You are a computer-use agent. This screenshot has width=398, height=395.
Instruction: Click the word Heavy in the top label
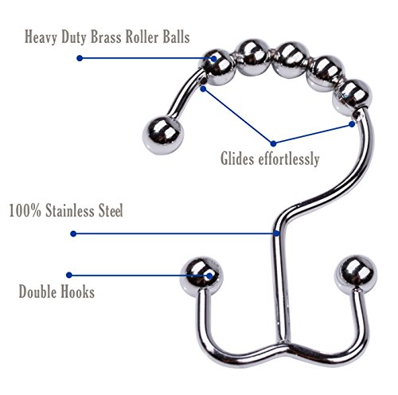(x=41, y=37)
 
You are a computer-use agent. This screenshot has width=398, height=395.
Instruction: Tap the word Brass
(x=106, y=37)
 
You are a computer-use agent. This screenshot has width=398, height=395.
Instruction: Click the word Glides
(x=237, y=158)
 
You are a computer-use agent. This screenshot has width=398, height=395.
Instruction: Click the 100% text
(x=25, y=210)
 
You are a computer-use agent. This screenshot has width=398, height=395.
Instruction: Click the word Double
(x=37, y=291)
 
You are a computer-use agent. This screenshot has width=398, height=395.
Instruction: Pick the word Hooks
(x=78, y=291)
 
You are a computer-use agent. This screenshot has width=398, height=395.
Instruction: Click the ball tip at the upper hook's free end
(x=163, y=135)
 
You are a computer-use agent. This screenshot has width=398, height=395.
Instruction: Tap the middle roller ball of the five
(x=292, y=59)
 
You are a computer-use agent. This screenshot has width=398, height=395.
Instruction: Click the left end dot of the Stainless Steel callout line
(x=73, y=233)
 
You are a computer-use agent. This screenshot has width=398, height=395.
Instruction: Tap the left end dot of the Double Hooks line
(x=69, y=275)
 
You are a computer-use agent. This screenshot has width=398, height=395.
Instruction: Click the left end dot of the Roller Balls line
(x=80, y=58)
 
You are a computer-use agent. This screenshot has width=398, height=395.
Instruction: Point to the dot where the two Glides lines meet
(x=273, y=143)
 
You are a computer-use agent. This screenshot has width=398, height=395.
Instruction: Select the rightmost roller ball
(x=352, y=97)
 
